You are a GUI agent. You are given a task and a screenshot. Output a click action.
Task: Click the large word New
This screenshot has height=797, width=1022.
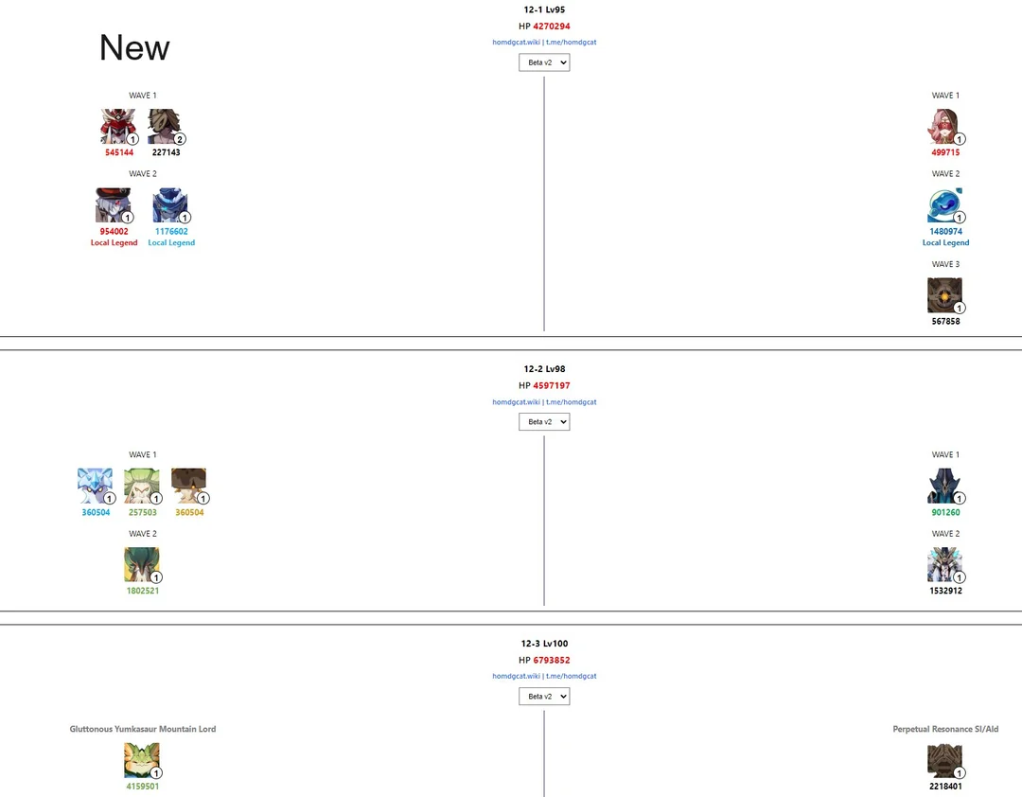(134, 48)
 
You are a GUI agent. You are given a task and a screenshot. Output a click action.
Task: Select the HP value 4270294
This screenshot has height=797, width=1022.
(552, 27)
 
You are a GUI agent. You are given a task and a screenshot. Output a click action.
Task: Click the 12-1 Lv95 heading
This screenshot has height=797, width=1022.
(544, 9)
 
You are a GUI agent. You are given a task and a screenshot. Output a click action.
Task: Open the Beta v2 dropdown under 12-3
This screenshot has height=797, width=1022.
(544, 697)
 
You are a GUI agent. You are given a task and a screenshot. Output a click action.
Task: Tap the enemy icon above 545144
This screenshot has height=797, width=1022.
(118, 126)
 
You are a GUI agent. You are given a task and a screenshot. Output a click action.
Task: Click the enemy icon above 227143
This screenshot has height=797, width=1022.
(166, 126)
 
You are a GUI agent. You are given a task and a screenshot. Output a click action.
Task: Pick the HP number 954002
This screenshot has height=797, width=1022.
(114, 231)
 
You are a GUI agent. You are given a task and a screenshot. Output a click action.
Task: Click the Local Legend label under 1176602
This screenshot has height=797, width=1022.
(171, 243)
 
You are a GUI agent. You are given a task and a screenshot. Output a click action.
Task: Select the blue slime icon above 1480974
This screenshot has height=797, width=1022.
(945, 204)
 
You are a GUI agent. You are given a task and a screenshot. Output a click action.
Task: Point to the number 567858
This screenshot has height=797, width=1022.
(945, 322)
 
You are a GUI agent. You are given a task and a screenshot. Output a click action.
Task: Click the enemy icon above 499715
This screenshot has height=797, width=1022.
(945, 126)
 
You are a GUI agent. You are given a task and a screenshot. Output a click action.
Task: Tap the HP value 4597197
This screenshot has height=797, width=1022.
(552, 386)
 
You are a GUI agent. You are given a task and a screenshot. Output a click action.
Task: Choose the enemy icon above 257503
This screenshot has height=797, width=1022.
(142, 486)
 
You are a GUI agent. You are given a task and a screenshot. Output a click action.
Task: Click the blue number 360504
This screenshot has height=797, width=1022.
(96, 513)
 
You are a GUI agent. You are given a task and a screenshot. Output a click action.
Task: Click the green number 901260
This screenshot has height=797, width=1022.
(945, 513)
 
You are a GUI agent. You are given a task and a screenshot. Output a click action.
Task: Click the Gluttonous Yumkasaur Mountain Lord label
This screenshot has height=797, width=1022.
(143, 730)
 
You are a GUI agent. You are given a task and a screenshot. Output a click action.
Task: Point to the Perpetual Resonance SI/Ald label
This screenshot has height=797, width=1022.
(945, 730)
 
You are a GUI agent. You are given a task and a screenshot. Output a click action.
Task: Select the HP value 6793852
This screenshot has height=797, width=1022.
(552, 661)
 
